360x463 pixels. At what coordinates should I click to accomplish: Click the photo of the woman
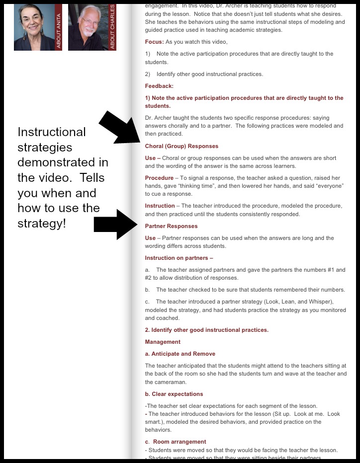coord(34,27)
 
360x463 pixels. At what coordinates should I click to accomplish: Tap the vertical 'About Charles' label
coord(112,27)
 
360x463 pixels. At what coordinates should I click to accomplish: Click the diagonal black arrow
coord(119,128)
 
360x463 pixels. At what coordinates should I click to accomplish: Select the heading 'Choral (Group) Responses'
coord(181,146)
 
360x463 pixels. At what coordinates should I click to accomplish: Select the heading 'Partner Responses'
coord(171,226)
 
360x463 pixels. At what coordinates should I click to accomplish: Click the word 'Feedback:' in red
coord(159,86)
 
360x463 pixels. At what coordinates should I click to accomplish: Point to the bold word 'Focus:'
coord(154,42)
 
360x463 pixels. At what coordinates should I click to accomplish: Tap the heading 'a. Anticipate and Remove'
coord(180,354)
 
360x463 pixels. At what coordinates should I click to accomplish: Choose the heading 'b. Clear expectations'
coord(174,394)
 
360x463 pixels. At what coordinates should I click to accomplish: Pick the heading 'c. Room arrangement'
coord(176,442)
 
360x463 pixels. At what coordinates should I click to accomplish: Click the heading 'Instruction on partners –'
coord(179,258)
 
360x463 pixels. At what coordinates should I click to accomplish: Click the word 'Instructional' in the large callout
coord(52,132)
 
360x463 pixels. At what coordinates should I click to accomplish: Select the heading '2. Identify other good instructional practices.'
coord(206,330)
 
